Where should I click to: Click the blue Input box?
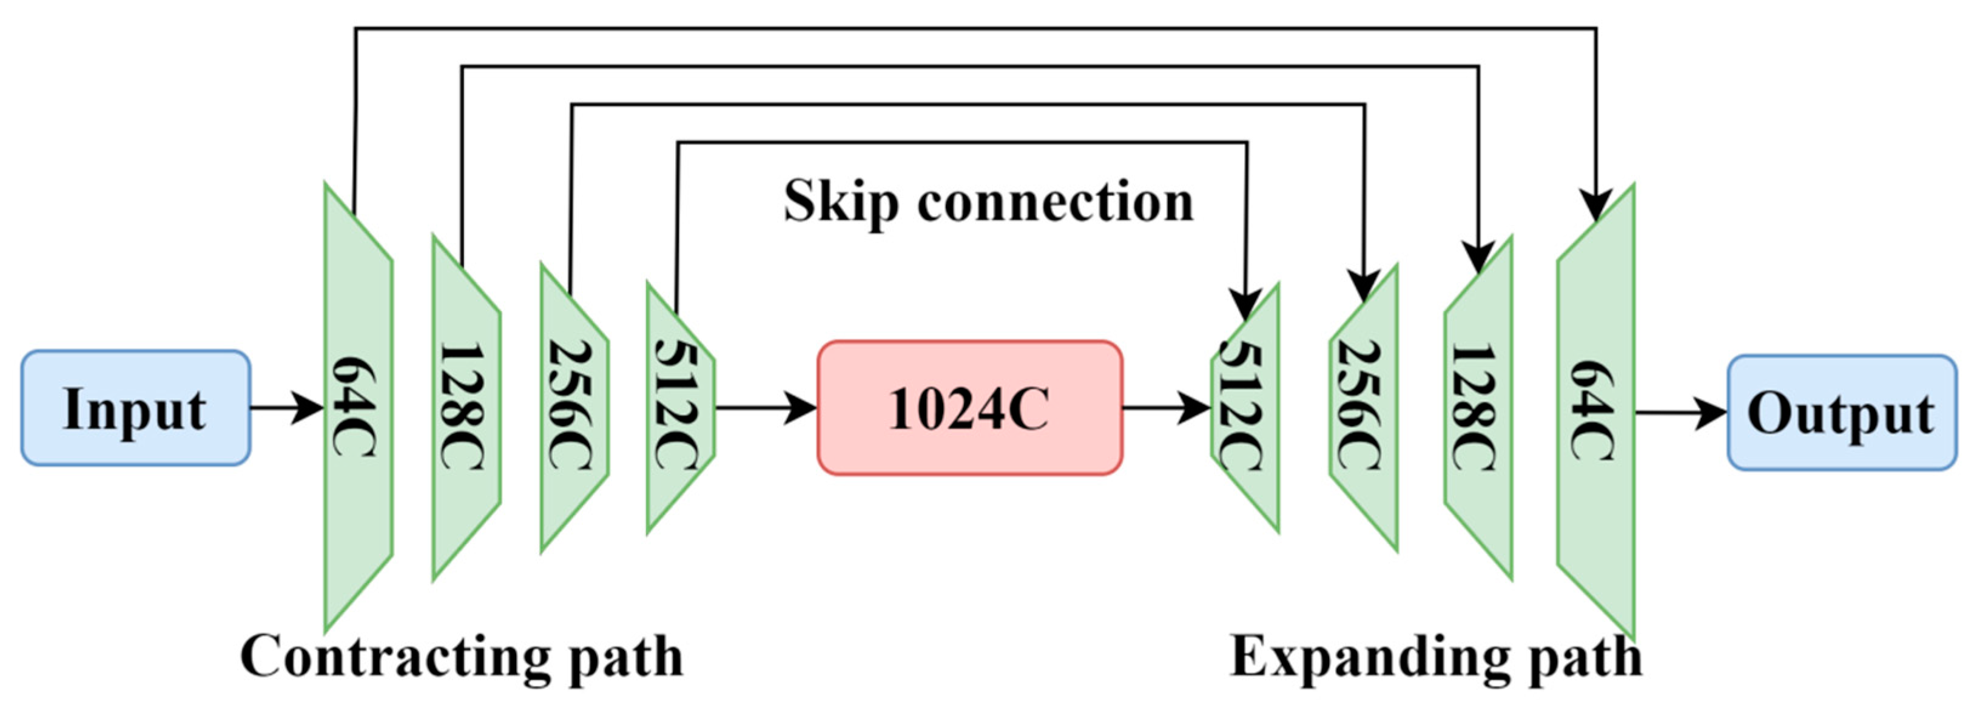tap(135, 408)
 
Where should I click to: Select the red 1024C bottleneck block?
tap(969, 408)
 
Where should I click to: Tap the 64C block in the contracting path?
tap(359, 408)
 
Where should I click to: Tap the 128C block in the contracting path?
tap(466, 408)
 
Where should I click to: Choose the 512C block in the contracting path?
tap(681, 408)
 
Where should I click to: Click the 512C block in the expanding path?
tap(1245, 408)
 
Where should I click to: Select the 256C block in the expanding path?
tap(1363, 408)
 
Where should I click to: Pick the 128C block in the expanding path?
tap(1478, 408)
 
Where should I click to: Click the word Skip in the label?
tap(840, 202)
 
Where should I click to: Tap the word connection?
tap(1056, 202)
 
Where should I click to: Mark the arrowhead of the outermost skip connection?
tap(1596, 206)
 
